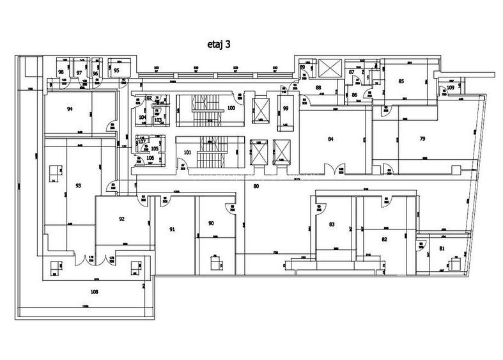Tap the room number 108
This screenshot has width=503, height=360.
(94, 291)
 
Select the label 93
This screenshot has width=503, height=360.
(78, 185)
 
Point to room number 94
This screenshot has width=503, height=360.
(70, 109)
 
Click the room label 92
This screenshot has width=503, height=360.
(121, 219)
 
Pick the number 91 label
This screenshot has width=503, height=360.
(172, 228)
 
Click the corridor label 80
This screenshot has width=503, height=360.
(256, 187)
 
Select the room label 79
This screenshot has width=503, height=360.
(422, 138)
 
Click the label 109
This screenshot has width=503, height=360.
(451, 87)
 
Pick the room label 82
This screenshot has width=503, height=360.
(384, 239)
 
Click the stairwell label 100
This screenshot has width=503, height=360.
(231, 108)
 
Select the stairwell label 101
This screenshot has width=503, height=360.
(188, 152)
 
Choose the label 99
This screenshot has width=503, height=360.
(286, 108)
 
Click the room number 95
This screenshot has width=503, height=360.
(116, 70)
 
